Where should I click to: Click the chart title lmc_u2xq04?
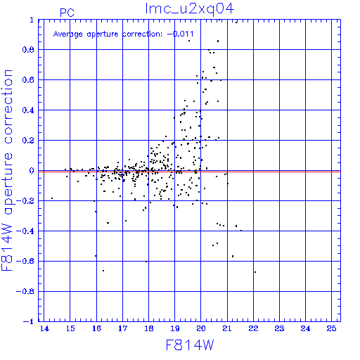tap(190, 9)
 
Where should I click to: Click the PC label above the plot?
tap(67, 13)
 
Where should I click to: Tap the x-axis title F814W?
tap(190, 345)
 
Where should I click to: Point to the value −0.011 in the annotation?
tap(181, 34)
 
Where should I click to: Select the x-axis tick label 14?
tap(44, 328)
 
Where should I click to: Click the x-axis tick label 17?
tap(122, 328)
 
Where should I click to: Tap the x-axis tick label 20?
tap(201, 328)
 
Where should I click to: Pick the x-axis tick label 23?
tap(279, 328)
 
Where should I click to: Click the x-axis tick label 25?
tap(331, 328)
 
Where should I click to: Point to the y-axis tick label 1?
tap(32, 20)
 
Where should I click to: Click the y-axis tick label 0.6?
tap(28, 80)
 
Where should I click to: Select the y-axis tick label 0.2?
tap(28, 141)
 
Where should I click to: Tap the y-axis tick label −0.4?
tap(25, 231)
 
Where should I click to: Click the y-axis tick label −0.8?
tap(25, 291)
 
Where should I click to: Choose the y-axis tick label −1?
tap(29, 321)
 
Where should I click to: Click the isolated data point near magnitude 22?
tap(255, 272)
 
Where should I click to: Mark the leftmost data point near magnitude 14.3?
tap(52, 198)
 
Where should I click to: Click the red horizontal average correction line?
tap(189, 172)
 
